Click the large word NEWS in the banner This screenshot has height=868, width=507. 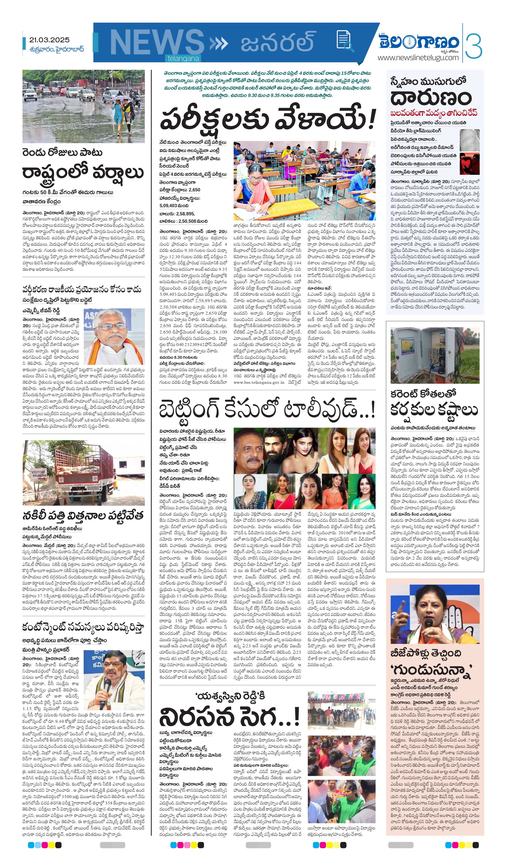(157, 43)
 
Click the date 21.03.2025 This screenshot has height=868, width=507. (49, 40)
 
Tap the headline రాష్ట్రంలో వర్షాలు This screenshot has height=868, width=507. (83, 172)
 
